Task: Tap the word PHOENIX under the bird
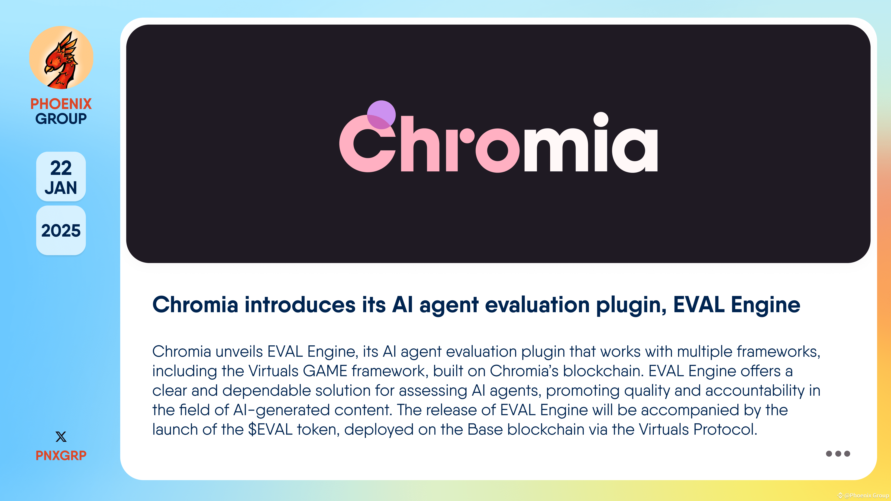(x=61, y=104)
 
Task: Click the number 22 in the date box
(x=61, y=168)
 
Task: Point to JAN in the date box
(x=61, y=188)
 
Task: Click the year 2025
(x=61, y=231)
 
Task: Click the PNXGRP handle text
(x=61, y=455)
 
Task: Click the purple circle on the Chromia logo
(x=381, y=114)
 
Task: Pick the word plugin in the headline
(x=631, y=305)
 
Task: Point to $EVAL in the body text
(x=270, y=429)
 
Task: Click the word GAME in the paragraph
(x=325, y=371)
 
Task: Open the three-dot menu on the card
(x=838, y=454)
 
